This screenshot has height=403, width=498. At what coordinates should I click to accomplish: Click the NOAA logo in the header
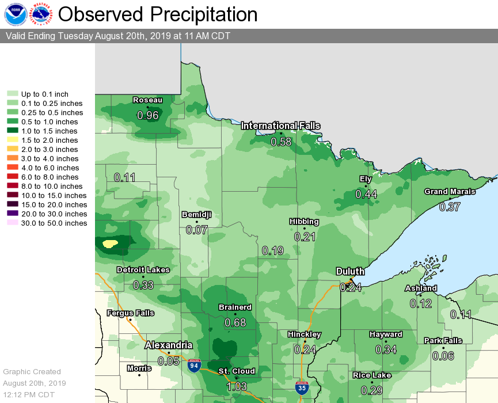[15, 14]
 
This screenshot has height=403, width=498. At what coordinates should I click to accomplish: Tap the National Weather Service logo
[42, 14]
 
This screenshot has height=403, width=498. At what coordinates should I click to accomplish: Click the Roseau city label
[147, 100]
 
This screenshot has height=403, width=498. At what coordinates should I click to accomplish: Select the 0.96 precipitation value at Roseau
[147, 115]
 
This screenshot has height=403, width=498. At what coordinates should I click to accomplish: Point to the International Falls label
[280, 126]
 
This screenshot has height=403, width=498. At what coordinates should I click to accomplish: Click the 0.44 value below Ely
[366, 195]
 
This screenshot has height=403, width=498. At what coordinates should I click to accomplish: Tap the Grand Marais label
[450, 192]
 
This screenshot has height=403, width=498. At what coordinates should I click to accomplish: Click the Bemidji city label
[196, 215]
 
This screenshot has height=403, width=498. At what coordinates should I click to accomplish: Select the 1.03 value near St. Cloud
[236, 387]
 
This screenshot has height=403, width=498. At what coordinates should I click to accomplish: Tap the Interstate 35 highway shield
[301, 387]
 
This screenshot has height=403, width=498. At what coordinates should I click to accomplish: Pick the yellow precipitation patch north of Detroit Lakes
[110, 244]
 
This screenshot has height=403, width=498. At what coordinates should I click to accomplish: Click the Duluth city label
[350, 272]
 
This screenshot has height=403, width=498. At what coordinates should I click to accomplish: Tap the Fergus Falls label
[130, 313]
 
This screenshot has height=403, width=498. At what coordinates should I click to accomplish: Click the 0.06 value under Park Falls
[443, 356]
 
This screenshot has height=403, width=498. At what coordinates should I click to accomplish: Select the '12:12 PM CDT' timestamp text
[29, 394]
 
